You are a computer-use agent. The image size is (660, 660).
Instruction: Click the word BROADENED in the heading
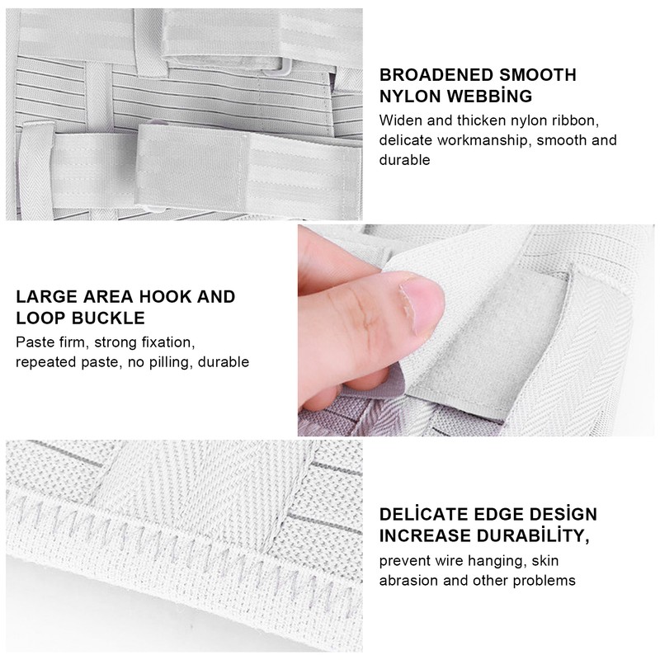[x=436, y=75]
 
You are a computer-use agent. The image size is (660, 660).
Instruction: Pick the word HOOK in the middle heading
[x=164, y=297]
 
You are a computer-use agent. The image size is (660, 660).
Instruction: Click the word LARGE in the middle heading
[x=47, y=297]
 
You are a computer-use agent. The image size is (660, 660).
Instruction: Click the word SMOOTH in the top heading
[x=538, y=75]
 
